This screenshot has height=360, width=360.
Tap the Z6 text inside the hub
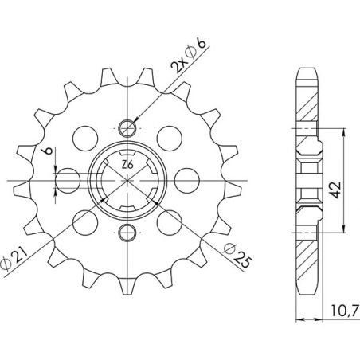click(x=127, y=165)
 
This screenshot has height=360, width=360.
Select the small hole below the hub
click(x=127, y=232)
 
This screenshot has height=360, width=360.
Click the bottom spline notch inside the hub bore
click(x=127, y=210)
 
